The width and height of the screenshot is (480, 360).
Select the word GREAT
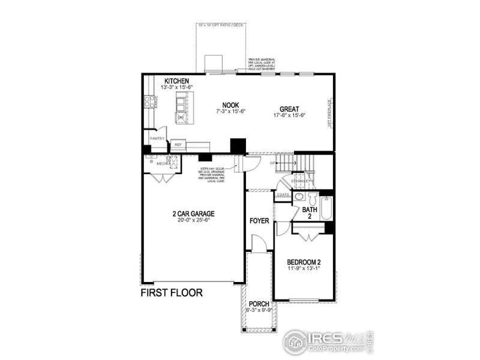[x=289, y=109]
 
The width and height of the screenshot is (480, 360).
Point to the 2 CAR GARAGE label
[x=193, y=213]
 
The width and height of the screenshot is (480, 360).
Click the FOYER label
[x=259, y=221]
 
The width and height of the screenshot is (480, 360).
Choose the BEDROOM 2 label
[x=304, y=262]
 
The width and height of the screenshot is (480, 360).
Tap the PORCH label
[x=259, y=304]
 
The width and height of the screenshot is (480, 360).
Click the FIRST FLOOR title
[x=172, y=293]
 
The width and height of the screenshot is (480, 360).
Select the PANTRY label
[x=157, y=139]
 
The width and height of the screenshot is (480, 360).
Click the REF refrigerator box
[x=178, y=145]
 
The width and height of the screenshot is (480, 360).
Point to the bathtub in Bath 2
[x=326, y=208]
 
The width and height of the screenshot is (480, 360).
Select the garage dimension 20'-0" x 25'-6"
[x=193, y=220]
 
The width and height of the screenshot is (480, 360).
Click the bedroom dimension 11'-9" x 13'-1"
[x=304, y=269]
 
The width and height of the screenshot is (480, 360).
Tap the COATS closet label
[x=283, y=194]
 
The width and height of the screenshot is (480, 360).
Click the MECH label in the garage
[x=161, y=163]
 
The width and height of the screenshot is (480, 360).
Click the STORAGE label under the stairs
[x=300, y=180]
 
